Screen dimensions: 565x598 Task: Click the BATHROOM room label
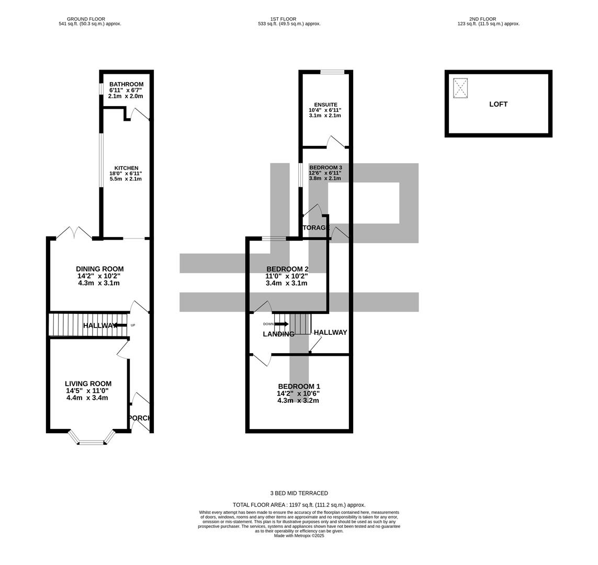pos(126,84)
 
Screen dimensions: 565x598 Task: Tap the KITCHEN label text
pos(126,168)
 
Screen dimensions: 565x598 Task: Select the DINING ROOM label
pos(99,269)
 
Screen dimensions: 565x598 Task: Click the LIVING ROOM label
pos(88,383)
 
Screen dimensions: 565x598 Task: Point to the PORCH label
pos(140,418)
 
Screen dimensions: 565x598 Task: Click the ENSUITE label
pos(325,105)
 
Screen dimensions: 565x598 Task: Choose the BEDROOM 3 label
pos(325,167)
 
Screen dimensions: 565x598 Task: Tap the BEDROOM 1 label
pos(299,387)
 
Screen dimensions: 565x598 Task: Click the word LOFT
pos(498,104)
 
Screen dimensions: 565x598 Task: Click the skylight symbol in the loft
pos(460,88)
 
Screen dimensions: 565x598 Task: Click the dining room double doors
pos(74,233)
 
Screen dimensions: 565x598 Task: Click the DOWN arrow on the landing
pos(280,324)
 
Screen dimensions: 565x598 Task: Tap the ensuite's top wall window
pos(332,72)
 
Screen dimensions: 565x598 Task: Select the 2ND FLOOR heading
pos(483,19)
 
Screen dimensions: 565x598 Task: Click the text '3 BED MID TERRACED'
pos(299,493)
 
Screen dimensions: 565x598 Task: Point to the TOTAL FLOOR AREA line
pos(299,505)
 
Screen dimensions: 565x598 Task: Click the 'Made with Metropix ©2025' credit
pos(299,536)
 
